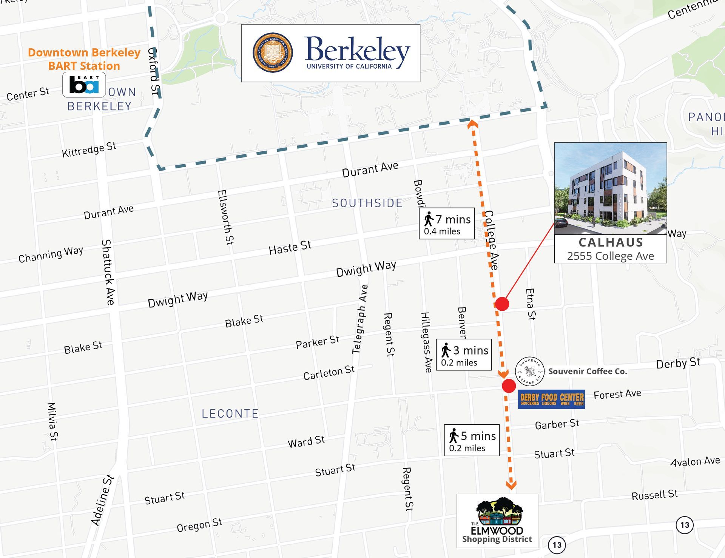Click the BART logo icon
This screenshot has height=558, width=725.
pos(84,85)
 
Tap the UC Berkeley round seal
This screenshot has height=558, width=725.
pos(273,52)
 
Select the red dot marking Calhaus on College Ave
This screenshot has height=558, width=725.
pos(502,304)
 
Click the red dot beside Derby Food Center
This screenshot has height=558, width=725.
pos(509,386)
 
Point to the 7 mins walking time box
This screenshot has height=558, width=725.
pos(447,224)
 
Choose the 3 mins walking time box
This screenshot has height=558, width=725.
pos(464,355)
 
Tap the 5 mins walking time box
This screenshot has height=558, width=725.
pos(472,440)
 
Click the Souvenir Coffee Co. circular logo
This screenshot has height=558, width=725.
pos(530,371)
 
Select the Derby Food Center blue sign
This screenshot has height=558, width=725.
pos(551,399)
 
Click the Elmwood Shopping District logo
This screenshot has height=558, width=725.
pos(497,521)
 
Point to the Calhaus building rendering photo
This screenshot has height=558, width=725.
pos(610,188)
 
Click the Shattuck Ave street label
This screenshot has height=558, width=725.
pos(108,272)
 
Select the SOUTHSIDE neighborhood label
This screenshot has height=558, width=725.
pos(367,203)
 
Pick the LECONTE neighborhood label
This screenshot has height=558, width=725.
pos(230,414)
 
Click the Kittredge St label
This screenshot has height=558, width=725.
pos(89,150)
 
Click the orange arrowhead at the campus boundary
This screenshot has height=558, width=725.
pos(472,124)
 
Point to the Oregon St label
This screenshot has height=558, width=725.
pos(199,525)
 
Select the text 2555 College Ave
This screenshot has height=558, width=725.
pos(610,256)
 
